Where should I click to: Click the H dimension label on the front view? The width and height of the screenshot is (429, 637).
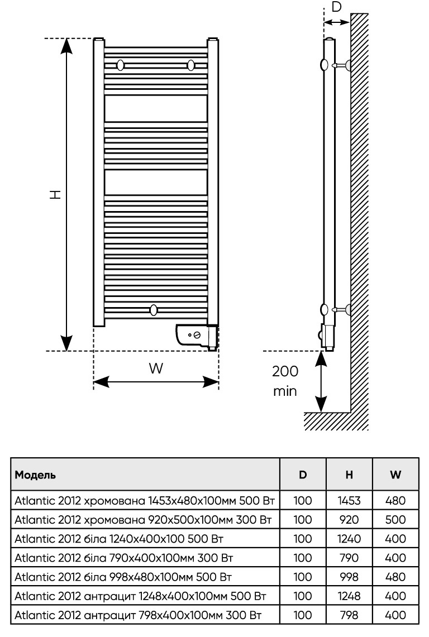55,194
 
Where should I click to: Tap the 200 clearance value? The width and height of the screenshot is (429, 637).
285,371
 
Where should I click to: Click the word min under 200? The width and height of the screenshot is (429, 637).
285,390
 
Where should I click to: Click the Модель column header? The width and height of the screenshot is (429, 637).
35,475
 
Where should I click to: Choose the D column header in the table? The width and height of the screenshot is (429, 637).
303,475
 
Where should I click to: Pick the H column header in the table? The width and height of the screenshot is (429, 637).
349,475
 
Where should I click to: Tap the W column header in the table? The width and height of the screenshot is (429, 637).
395,475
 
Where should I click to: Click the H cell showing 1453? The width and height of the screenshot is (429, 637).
349,501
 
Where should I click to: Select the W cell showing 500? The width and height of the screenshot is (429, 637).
395,520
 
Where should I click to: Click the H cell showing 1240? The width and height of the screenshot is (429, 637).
349,539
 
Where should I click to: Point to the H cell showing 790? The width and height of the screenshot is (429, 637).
349,558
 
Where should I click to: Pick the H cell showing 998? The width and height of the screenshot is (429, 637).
349,577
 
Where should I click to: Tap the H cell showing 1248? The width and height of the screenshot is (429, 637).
349,596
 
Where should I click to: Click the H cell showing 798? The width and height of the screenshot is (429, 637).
349,615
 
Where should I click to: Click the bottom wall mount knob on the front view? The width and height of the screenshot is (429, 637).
154,309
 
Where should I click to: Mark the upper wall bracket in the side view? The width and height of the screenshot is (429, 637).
341,65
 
